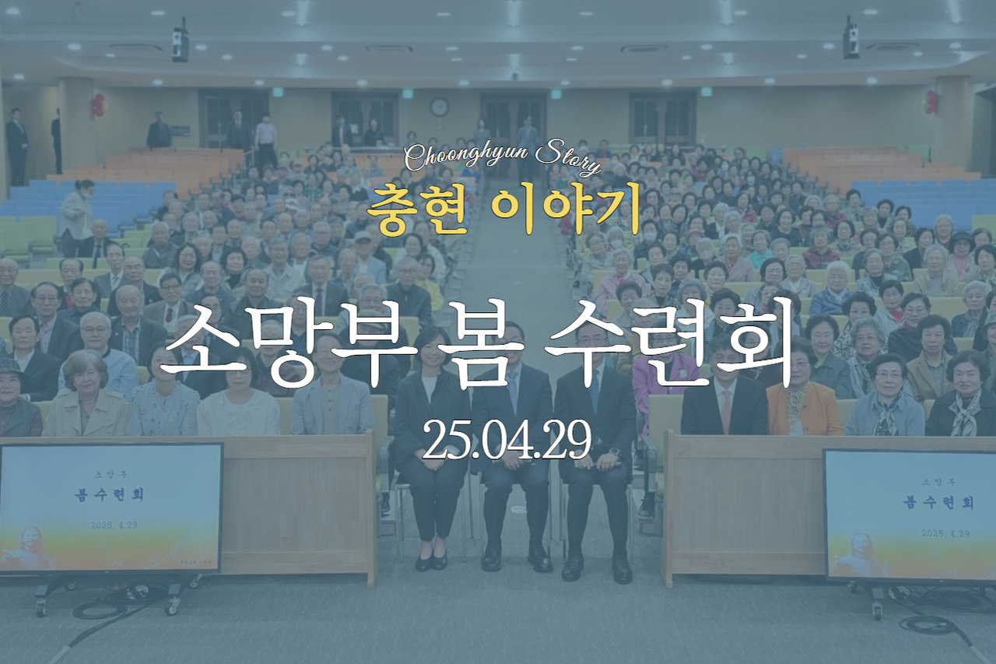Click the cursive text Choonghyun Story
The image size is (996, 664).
[x=503, y=158]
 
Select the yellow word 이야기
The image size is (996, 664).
[x=567, y=209]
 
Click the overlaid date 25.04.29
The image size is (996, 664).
[x=507, y=440]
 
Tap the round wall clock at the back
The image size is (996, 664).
[x=439, y=107]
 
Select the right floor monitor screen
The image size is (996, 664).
[x=910, y=515]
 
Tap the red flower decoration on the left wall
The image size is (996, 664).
[x=99, y=105]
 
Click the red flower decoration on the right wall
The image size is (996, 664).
[x=931, y=102]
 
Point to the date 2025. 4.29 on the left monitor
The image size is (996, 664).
[x=114, y=525]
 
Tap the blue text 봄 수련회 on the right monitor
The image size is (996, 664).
[x=938, y=503]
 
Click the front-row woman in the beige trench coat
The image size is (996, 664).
[x=86, y=395]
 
